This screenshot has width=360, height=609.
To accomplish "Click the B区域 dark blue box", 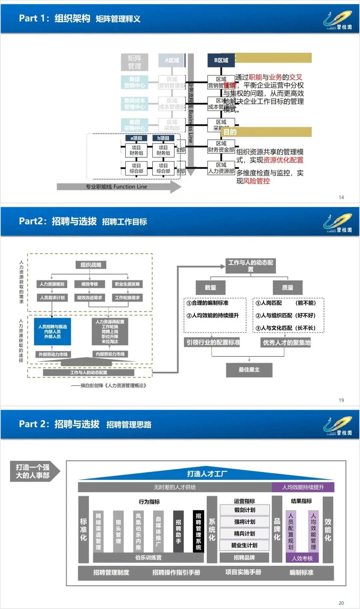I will tap(221, 60).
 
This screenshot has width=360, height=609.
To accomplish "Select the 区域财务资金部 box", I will tap(221, 147).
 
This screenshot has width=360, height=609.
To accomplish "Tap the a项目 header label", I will tap(136, 138).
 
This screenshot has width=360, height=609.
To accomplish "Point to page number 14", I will tap(341, 197).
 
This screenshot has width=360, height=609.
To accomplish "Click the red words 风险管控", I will tap(256, 181).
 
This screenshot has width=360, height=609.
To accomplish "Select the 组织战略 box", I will tap(91, 265).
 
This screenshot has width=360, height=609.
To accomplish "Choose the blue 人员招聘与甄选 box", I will tap(52, 332).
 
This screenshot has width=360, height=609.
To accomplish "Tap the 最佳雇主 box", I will tap(249, 370).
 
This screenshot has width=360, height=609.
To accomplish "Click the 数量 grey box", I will tap(210, 287).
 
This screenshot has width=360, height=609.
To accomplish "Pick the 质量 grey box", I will tap(287, 287).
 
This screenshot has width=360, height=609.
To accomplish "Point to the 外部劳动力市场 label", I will tap(53, 354).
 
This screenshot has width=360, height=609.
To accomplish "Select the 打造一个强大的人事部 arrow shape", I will tap(34, 471).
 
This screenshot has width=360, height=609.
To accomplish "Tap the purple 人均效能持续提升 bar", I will tap(303, 487).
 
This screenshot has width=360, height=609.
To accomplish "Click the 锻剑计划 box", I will tap(245, 510).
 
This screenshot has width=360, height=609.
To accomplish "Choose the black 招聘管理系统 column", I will tap(198, 531).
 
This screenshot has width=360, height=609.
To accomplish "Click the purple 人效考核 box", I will tap(302, 558).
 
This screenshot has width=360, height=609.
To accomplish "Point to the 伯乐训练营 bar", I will tap(148, 558).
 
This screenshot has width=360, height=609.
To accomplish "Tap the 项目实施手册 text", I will tap(243, 572).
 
